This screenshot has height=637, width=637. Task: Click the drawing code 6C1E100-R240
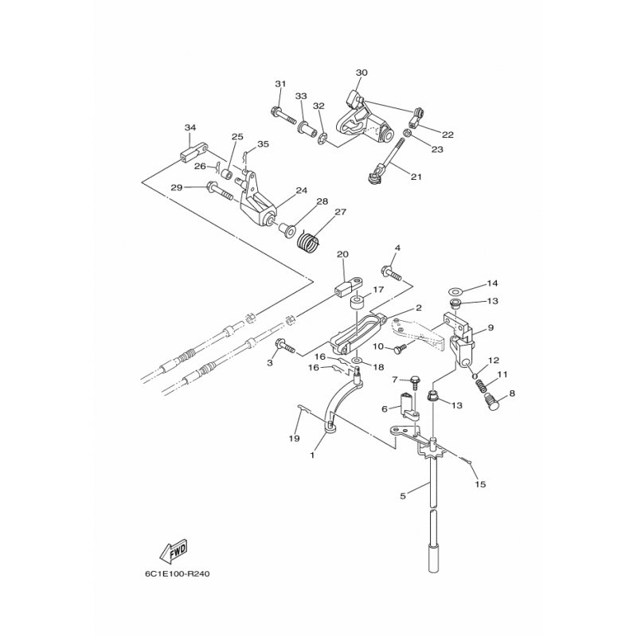tap(177, 574)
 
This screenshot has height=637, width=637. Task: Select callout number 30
tap(361, 72)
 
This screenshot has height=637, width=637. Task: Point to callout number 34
tap(190, 127)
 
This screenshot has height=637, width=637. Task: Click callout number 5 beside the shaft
tap(403, 495)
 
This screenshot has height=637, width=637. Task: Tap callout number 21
tap(416, 177)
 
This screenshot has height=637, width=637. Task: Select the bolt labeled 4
tap(391, 272)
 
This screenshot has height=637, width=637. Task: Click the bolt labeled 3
tap(286, 346)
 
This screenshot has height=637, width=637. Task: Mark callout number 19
tap(294, 439)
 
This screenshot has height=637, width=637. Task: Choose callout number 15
tap(480, 484)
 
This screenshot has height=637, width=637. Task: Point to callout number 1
tap(312, 455)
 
